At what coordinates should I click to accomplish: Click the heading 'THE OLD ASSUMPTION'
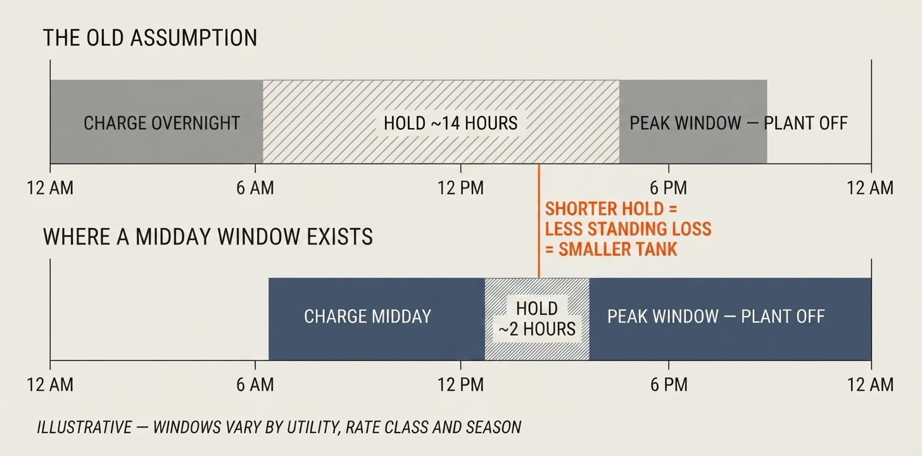tap(150, 38)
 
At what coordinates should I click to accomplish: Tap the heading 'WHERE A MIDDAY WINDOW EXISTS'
tap(208, 237)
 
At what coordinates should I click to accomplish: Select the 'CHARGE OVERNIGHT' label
tap(161, 123)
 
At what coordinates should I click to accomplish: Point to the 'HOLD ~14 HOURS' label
tap(450, 123)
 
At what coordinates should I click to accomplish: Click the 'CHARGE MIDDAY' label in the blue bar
tap(367, 317)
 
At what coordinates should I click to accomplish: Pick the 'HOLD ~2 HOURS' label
tap(537, 319)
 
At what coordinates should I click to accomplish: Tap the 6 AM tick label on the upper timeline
tap(255, 188)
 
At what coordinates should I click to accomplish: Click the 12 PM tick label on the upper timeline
tap(460, 188)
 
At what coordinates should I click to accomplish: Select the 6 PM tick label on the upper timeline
tap(669, 188)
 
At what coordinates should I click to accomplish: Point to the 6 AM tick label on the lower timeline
tap(255, 385)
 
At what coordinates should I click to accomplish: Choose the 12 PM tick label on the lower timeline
tap(460, 385)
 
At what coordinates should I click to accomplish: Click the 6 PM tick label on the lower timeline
tap(669, 385)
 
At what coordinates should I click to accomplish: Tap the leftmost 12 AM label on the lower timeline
tap(50, 385)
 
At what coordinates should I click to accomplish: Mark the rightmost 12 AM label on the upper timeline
tap(870, 188)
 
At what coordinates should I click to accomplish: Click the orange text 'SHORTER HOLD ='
tap(611, 209)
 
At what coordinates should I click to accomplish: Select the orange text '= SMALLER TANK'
tap(611, 250)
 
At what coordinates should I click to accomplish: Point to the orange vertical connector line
tap(539, 221)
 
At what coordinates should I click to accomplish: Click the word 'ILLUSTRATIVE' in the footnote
tap(84, 427)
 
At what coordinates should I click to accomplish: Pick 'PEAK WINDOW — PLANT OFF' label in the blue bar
tap(716, 317)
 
